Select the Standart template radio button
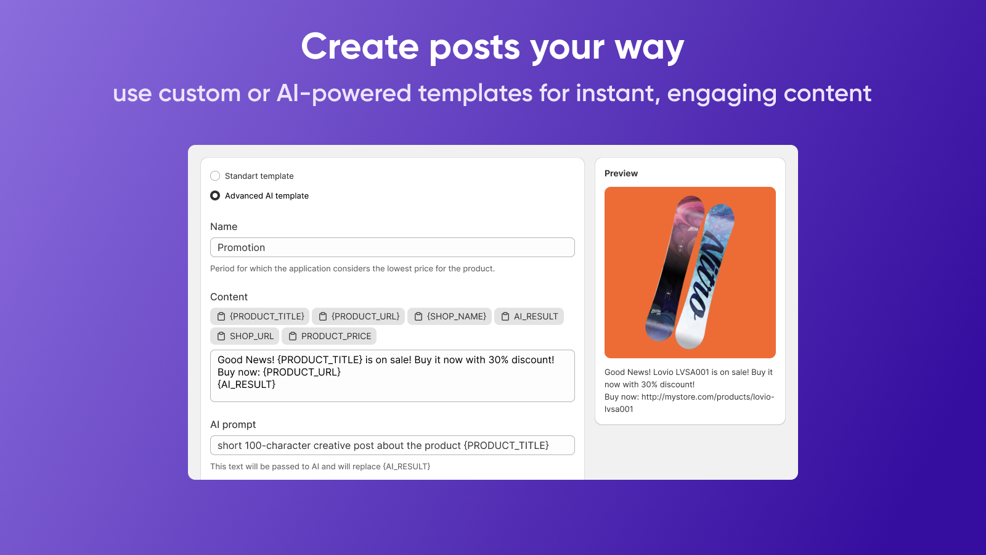[x=215, y=176]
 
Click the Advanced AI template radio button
[x=215, y=195]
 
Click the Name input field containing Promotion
[x=392, y=247]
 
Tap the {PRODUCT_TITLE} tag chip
[x=259, y=316]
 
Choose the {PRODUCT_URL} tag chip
[x=358, y=316]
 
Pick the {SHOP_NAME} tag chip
[x=449, y=316]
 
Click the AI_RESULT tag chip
[x=529, y=316]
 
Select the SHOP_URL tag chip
[x=245, y=336]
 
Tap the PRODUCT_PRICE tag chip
[x=329, y=336]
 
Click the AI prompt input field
[x=392, y=445]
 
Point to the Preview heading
[x=621, y=173]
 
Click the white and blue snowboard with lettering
[x=705, y=277]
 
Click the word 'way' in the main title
[x=650, y=47]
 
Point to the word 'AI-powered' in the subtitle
[x=343, y=93]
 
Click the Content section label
[x=229, y=297]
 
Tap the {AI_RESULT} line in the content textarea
[x=246, y=385]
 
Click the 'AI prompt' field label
[x=233, y=425]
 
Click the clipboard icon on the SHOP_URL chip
[x=221, y=336]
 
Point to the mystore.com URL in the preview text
[x=690, y=403]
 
